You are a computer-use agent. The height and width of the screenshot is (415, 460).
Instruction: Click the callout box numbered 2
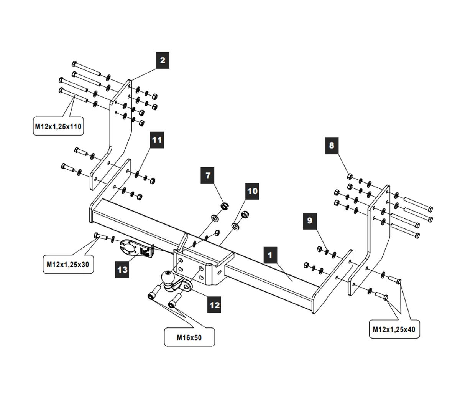pos(163,60)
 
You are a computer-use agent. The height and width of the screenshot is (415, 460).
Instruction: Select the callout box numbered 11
pos(157,140)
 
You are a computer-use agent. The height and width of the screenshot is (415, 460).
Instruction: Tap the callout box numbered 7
pos(208,176)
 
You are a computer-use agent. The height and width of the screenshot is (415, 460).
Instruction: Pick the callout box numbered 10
pos(252,191)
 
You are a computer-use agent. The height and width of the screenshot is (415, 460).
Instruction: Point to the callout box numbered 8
pos(332,145)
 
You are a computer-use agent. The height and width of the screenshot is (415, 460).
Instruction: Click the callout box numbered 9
pos(310,221)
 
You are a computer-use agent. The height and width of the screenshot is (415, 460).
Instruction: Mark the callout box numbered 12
pos(215,305)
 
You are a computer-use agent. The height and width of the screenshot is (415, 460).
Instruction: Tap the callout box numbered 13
pos(122,270)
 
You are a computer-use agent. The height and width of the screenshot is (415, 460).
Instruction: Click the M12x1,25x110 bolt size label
pos(58,127)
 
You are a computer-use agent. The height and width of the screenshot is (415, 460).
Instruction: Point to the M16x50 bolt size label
pos(189,337)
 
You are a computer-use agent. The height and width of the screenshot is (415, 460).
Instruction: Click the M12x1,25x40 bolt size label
pos(394,329)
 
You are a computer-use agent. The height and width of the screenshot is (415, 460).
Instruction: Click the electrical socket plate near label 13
pos(129,248)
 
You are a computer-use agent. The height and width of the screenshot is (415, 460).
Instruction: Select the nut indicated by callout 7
pos(225,205)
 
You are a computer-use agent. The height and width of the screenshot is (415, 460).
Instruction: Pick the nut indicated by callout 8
pos(350,176)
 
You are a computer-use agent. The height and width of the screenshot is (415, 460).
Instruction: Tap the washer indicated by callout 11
pos(137,175)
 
